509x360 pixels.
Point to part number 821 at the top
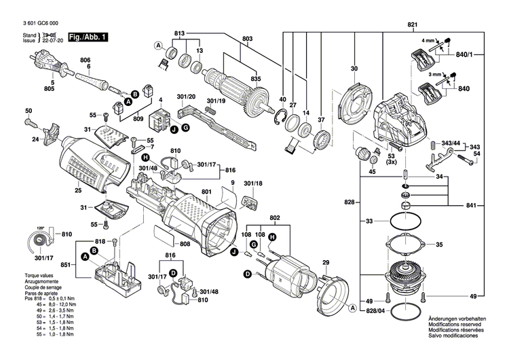pyautogui.click(x=412, y=24)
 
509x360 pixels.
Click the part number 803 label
pyautogui.click(x=247, y=39)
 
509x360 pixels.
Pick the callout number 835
pyautogui.click(x=255, y=79)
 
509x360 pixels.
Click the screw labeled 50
pyautogui.click(x=31, y=124)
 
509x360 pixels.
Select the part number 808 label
pyautogui.click(x=185, y=244)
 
